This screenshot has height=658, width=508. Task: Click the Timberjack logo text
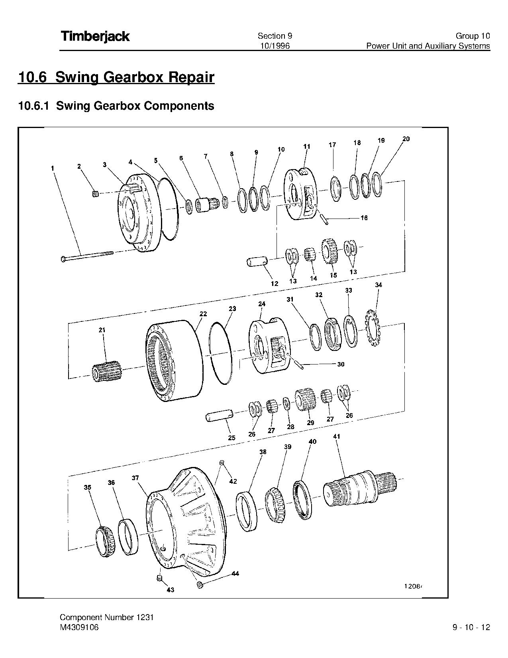point(95,36)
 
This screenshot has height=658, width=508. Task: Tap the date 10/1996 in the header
point(275,46)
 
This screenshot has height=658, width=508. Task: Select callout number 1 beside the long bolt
point(52,169)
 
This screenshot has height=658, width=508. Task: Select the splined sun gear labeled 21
point(106,372)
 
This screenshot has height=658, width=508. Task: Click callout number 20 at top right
point(406,139)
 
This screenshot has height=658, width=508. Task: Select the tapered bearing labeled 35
point(106,542)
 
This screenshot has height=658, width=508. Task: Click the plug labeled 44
point(200,585)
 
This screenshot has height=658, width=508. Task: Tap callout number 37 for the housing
point(135,478)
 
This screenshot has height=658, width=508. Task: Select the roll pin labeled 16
point(325,219)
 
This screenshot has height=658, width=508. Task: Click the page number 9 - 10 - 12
point(471,627)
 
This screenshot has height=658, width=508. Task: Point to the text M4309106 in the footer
point(79,627)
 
